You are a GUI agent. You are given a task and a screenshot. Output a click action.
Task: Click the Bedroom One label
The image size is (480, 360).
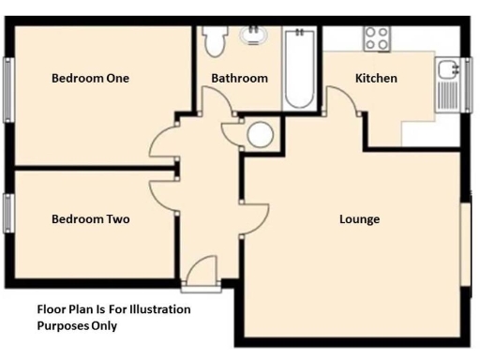tap(90, 79)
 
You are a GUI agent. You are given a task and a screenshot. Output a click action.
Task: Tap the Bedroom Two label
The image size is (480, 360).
tap(90, 219)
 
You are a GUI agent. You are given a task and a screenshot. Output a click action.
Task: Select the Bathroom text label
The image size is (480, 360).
tap(239, 79)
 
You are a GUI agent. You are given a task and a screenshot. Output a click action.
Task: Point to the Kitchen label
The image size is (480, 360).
tap(376, 79)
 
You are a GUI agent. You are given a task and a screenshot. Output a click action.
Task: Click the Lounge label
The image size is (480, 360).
tap(359, 219)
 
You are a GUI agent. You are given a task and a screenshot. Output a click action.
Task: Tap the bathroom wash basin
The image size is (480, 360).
tap(252, 36)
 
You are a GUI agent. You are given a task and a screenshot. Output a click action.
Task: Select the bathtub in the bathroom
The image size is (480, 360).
tap(300, 67)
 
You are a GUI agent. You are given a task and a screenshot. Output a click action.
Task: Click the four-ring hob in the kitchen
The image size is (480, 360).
tap(377, 38)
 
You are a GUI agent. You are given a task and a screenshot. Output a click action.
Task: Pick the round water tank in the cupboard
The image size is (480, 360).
tap(259, 136)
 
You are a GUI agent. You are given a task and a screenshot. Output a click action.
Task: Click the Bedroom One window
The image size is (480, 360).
tap(7, 90)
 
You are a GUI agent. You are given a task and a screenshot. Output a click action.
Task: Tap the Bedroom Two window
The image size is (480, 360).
tap(7, 213)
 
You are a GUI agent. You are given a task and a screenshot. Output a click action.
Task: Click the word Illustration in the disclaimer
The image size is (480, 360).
tap(155, 309)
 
